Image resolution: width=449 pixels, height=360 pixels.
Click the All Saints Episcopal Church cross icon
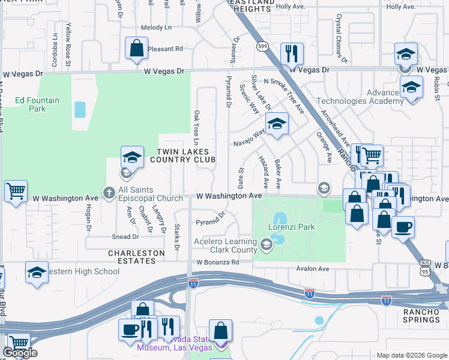point(108,193)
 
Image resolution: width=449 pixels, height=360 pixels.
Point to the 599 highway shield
point(262,46)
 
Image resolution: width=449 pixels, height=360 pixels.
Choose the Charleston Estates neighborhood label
point(136,257)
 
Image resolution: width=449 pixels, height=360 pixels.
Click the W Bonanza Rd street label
point(217,262)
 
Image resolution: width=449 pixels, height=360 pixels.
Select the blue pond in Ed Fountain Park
point(79,109)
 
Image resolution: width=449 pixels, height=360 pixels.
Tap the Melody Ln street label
point(156,28)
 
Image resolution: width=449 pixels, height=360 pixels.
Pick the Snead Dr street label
point(125,237)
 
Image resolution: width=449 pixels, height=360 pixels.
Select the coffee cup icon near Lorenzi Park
point(403,227)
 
